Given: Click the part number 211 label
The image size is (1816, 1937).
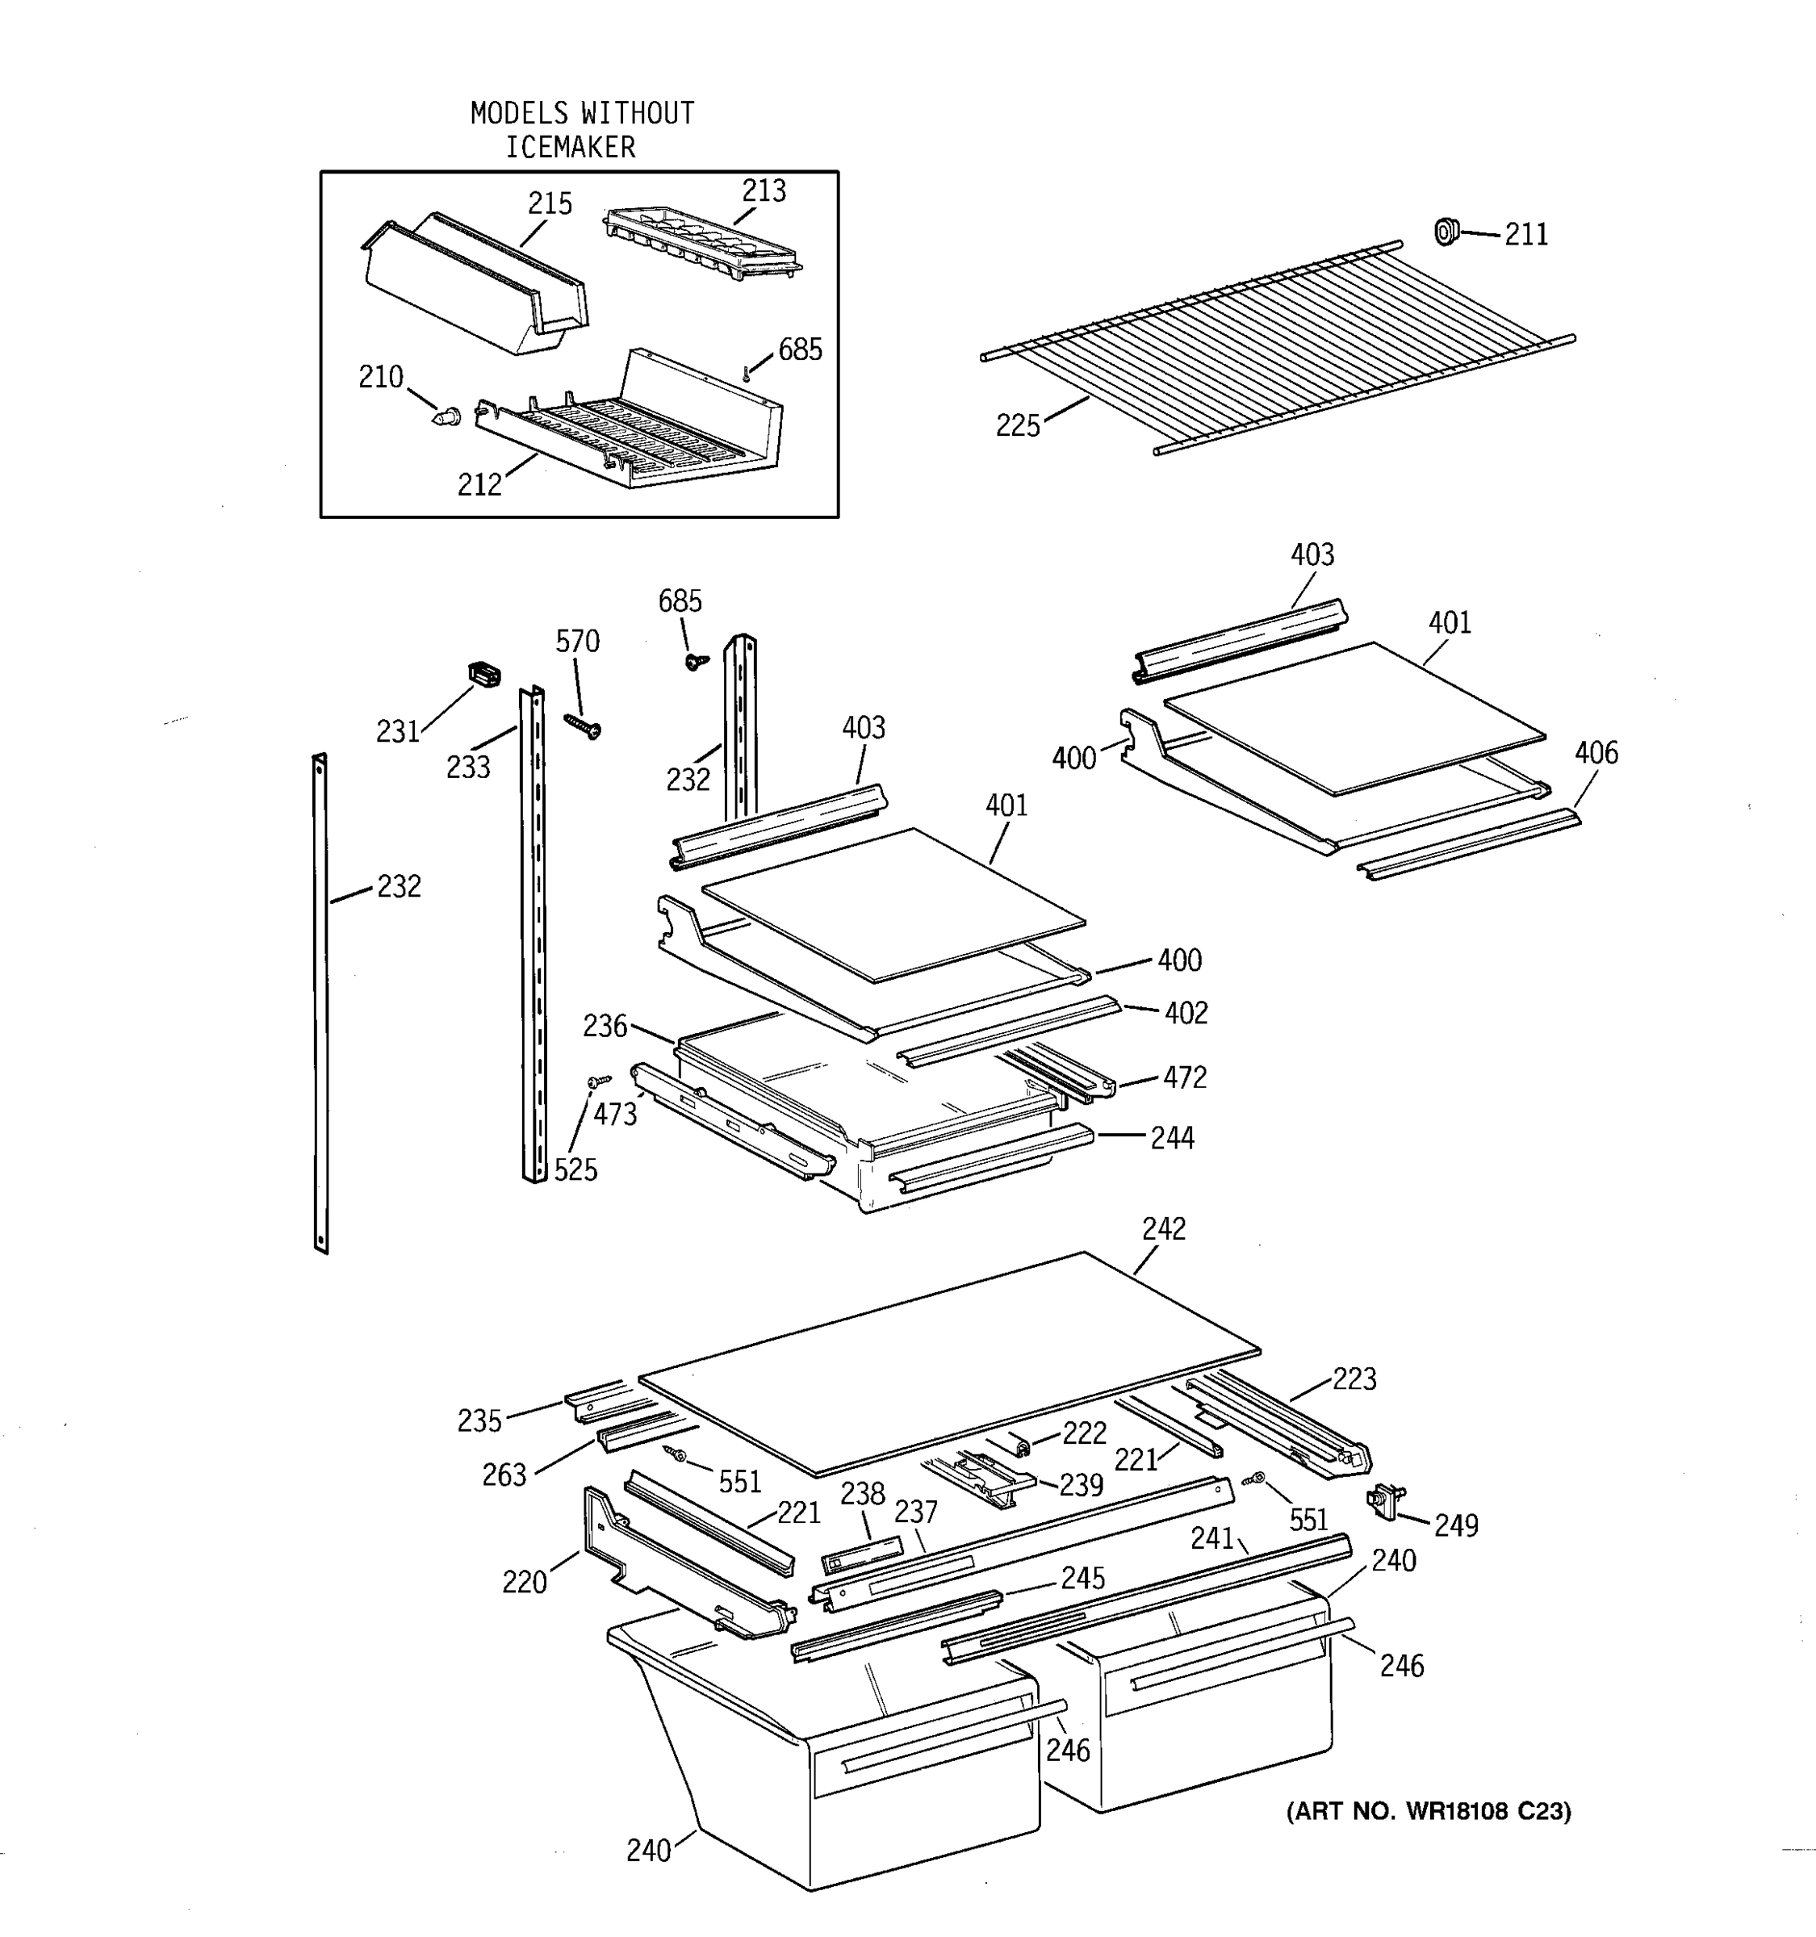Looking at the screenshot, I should coord(1525,235).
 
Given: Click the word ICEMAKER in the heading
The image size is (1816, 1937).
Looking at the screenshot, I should coord(570,147).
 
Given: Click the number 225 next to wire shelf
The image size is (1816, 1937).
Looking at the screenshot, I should coord(1017,426).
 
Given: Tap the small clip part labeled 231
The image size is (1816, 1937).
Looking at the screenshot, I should coord(484,672).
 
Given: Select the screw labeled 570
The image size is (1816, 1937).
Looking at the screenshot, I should coord(583,726).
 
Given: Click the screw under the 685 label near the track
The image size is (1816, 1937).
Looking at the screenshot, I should coord(696,661).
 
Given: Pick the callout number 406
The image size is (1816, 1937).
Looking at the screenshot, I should coord(1596,752).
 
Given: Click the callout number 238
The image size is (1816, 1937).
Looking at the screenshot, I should coord(862,1494).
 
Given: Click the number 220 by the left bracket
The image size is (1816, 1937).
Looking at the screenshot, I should coord(524,1583).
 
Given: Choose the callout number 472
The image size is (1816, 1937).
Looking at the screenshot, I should coord(1184,1077).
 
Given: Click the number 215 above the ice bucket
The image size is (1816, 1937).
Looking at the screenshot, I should coord(550,203).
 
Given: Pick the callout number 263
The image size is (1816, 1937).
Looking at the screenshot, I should coord(504,1475).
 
